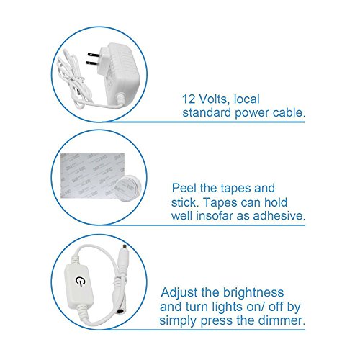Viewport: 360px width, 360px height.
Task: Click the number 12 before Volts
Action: pos(189,99)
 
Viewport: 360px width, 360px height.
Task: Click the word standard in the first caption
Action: pos(207,112)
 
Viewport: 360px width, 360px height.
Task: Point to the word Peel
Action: pos(184,188)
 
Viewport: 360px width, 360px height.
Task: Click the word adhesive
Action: pos(279,215)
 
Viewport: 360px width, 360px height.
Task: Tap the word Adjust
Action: pos(179,292)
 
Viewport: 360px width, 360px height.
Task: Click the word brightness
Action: pos(253,292)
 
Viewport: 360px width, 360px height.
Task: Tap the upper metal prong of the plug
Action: pos(94,55)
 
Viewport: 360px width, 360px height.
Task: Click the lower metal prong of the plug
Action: pos(92,63)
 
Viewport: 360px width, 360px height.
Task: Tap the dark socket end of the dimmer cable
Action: pos(121,310)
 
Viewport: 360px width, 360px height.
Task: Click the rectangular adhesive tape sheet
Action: pos(92,176)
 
